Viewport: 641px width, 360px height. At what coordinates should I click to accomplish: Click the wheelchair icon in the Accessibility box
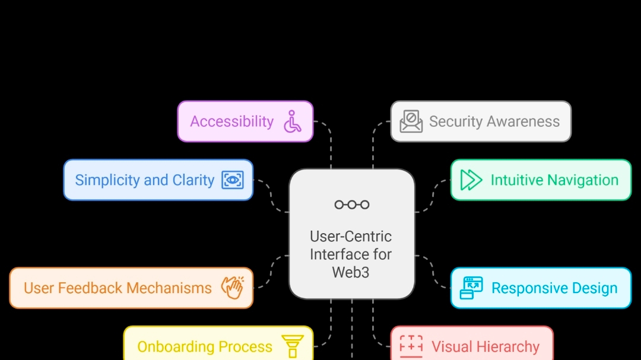[293, 121]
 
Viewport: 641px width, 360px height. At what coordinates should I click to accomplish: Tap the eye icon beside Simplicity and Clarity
[233, 180]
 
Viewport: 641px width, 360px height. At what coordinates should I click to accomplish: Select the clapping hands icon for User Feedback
[232, 288]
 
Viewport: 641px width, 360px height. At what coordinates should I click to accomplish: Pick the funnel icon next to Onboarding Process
[293, 346]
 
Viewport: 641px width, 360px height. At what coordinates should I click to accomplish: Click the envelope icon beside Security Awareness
[411, 121]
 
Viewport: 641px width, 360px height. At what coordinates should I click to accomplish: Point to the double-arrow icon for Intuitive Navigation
[471, 180]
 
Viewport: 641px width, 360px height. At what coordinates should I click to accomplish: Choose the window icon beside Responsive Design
[471, 288]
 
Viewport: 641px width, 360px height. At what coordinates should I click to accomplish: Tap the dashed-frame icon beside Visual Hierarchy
[411, 346]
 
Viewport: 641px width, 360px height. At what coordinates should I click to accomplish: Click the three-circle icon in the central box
[351, 205]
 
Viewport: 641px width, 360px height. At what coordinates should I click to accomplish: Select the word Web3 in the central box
[351, 272]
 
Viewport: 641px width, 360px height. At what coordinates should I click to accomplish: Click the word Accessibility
[231, 122]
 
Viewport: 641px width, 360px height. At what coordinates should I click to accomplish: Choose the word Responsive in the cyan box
[521, 288]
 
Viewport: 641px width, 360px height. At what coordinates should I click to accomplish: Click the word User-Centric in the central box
[351, 237]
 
